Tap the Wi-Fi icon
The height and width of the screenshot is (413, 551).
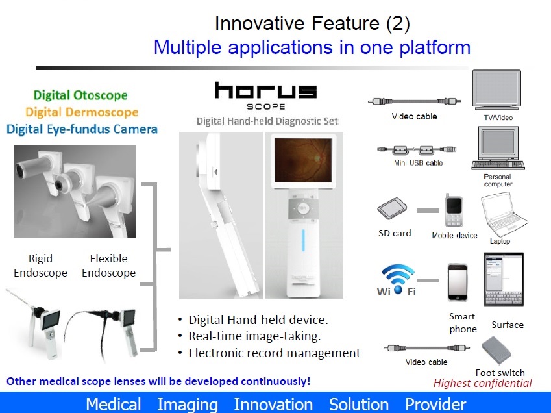(397, 280)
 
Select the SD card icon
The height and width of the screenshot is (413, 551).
(392, 208)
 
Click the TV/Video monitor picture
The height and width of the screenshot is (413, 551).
(496, 90)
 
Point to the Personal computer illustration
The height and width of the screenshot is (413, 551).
(498, 148)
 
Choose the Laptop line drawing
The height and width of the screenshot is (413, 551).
(502, 214)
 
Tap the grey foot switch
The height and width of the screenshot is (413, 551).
(496, 351)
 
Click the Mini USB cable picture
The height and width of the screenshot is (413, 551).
(417, 150)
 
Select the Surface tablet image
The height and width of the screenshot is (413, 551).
(504, 279)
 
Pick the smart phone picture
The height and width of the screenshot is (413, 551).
(458, 282)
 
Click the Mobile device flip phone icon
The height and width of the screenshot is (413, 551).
(454, 210)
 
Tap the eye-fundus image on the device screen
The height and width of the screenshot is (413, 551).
(303, 160)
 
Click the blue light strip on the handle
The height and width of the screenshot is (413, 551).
(303, 240)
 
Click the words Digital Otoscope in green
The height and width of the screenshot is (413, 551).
(80, 95)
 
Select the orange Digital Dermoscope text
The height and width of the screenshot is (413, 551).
(82, 112)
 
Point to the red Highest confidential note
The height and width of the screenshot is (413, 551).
(482, 383)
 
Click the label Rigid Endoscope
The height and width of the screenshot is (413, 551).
(40, 266)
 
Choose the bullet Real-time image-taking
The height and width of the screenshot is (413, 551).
(254, 336)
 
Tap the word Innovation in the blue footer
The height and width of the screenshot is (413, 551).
(273, 404)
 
